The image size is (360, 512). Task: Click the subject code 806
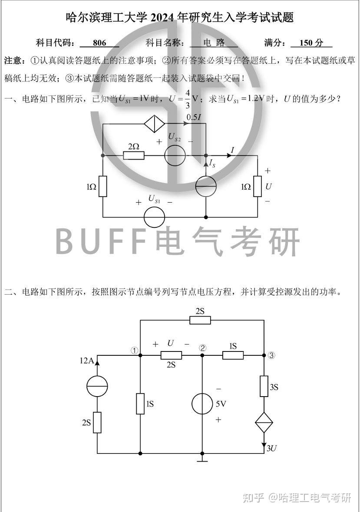tap(99, 43)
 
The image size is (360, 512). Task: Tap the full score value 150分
tap(311, 43)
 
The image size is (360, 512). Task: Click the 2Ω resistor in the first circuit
tap(134, 155)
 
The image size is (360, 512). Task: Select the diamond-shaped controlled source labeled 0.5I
tap(154, 123)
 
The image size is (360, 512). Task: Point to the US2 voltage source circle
tap(175, 155)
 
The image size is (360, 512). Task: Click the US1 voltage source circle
tap(154, 217)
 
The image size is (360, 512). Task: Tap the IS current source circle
tap(206, 186)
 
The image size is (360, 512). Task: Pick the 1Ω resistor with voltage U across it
tap(258, 186)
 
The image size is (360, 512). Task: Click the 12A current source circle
tap(97, 386)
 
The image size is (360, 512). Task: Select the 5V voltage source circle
tap(202, 404)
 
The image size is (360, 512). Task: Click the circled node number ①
tap(134, 351)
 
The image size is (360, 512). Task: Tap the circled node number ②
tap(203, 348)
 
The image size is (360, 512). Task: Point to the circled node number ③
tap(271, 355)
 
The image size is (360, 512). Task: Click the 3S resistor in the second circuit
tap(264, 386)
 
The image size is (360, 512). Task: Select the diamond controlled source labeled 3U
tap(264, 423)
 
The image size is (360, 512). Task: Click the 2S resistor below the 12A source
tap(97, 423)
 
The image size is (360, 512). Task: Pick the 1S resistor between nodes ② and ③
tap(233, 355)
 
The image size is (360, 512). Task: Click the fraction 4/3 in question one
tap(188, 99)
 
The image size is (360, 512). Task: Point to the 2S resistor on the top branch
tap(200, 320)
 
